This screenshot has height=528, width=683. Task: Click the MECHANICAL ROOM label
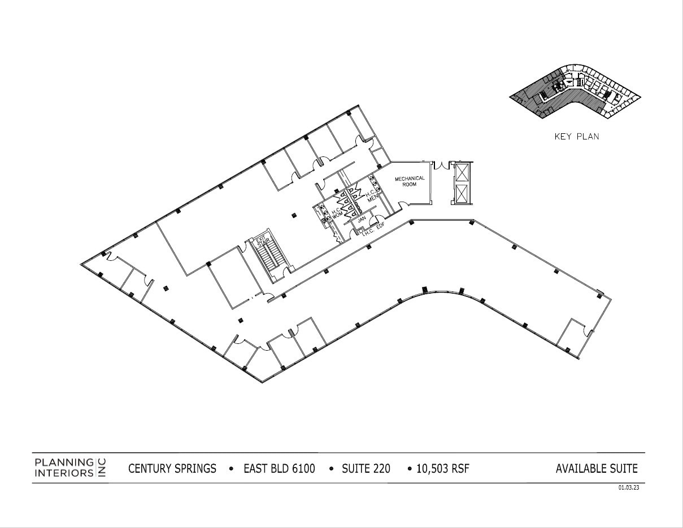410,181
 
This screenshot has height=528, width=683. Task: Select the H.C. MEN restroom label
372,196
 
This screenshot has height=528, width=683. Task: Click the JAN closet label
363,217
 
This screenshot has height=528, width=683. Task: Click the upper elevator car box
462,172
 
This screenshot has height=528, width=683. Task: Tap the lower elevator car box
462,193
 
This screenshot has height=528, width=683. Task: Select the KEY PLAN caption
576,137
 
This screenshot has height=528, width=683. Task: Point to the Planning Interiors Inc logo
70,468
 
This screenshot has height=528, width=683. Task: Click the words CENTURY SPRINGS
172,469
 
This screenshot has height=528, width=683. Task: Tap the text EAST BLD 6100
279,469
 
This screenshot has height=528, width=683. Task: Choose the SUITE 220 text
366,469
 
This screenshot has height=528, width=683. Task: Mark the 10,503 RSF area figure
443,469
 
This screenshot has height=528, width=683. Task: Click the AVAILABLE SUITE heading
596,469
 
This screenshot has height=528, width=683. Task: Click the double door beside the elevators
439,165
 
